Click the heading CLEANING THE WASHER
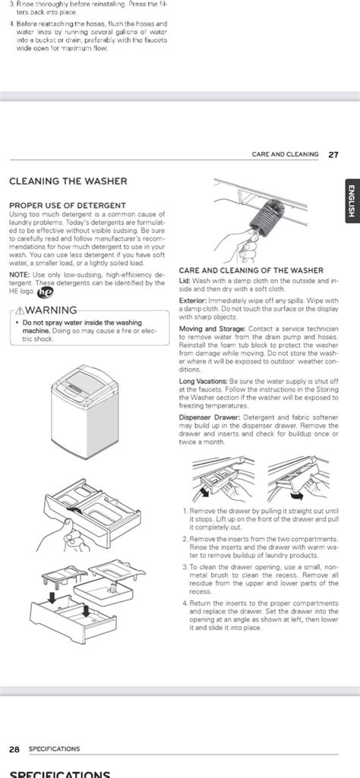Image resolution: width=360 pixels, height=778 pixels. point(68,181)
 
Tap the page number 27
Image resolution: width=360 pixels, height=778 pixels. point(333,154)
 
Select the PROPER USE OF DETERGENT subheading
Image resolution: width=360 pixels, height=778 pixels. point(68,205)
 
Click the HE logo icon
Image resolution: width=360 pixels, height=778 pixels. point(45,291)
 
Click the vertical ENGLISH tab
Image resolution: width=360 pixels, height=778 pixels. point(350,203)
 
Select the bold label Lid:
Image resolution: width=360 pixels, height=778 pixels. point(185,281)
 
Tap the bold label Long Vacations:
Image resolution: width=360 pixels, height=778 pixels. point(203,381)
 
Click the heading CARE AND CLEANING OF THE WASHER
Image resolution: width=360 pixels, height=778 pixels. point(251,270)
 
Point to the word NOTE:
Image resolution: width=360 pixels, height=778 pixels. point(20,275)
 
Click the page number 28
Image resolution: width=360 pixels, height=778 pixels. point(14,748)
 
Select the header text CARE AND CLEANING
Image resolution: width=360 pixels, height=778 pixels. point(285,154)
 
